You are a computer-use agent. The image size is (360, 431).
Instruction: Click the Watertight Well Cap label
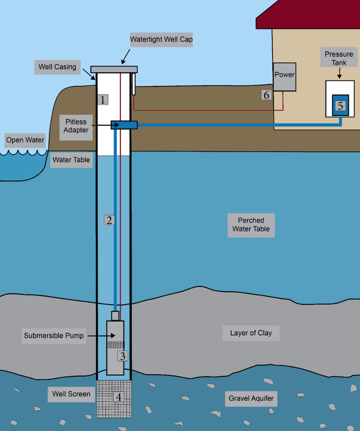click(x=161, y=40)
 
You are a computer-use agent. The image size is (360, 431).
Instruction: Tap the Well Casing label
click(x=57, y=67)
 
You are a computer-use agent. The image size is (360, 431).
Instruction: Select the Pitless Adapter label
click(x=76, y=126)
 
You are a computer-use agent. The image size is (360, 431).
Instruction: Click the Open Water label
click(x=25, y=140)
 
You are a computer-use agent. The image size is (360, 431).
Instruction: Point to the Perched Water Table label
click(x=251, y=225)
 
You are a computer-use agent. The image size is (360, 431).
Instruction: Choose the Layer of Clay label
click(x=251, y=333)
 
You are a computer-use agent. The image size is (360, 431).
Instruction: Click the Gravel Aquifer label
click(x=251, y=398)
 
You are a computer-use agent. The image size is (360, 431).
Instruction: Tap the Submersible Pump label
click(x=54, y=335)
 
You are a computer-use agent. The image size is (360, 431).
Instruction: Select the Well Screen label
click(x=71, y=394)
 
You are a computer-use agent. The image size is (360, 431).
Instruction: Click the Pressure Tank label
click(x=339, y=58)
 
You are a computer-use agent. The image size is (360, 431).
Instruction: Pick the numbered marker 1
click(x=103, y=100)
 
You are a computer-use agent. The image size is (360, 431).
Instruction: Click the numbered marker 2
click(x=109, y=220)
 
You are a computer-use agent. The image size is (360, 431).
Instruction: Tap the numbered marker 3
click(x=123, y=356)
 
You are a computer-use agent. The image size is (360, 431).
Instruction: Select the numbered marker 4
click(x=119, y=397)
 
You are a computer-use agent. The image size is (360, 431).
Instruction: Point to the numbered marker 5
click(x=340, y=106)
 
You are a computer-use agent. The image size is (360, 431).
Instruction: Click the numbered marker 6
click(x=267, y=95)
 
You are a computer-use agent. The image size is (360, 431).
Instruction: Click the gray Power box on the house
click(x=284, y=77)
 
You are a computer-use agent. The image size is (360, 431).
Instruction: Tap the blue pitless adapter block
click(x=124, y=125)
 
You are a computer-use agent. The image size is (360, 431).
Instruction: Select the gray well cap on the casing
click(x=114, y=69)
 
